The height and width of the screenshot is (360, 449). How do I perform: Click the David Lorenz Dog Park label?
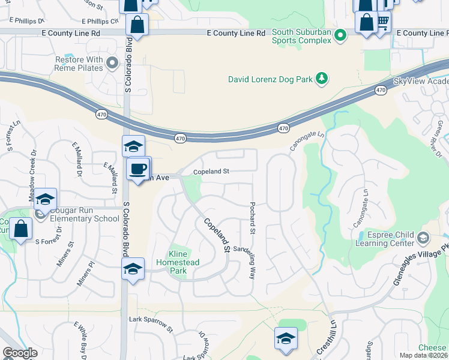[x=271, y=79]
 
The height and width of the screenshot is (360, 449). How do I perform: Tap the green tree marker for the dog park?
[x=322, y=78]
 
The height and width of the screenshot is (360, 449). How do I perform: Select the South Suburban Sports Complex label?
[x=301, y=36]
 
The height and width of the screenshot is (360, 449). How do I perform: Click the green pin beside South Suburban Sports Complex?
[x=341, y=36]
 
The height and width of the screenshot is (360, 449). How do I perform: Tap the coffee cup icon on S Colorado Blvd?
[x=138, y=169]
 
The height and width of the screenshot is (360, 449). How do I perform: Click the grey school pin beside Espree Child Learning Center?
[x=423, y=238]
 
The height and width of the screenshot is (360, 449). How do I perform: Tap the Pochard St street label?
[x=253, y=218]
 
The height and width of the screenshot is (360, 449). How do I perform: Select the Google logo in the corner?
[x=20, y=353]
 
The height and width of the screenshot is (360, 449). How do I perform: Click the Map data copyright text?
[x=424, y=355]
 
